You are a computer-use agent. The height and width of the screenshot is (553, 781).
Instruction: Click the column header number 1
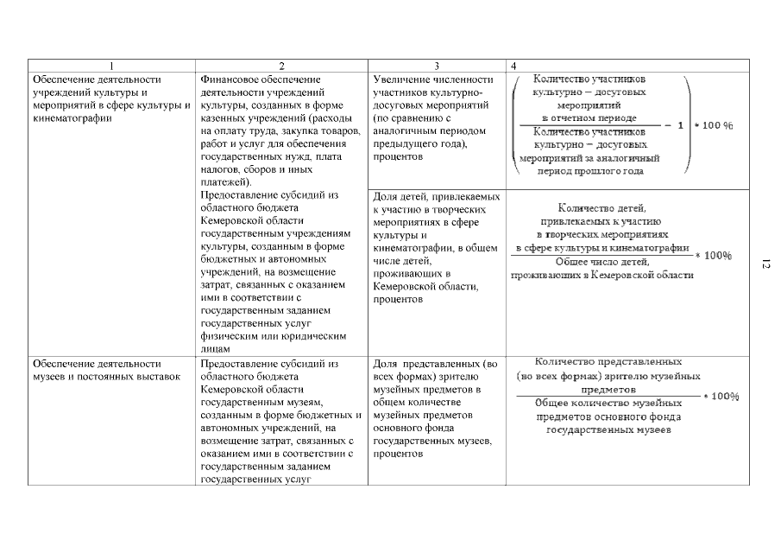pos(111,67)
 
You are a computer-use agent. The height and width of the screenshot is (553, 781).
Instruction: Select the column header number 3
pos(437,67)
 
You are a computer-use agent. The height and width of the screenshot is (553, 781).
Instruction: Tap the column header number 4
pos(514,67)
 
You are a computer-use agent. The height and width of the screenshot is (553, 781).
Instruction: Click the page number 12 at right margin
pos(765,264)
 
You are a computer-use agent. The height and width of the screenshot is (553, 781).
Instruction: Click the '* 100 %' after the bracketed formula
pos(715,125)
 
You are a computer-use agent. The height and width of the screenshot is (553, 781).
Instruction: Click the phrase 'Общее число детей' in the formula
pos(601,261)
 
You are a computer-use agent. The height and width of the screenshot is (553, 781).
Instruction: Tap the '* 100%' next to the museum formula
pos(721,396)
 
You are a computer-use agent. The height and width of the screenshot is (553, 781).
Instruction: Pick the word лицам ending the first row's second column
pos(215,349)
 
